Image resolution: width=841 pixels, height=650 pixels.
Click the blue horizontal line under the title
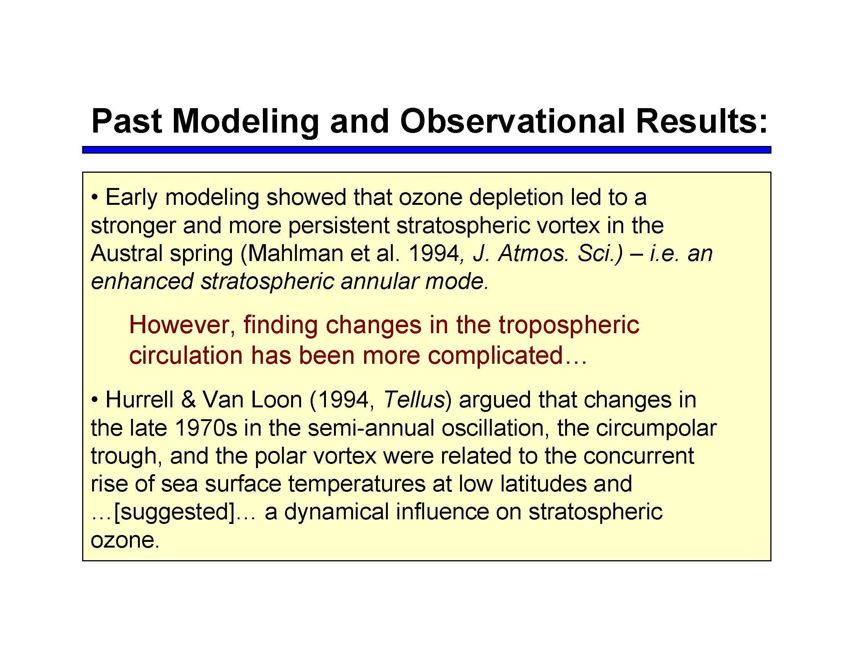(427, 150)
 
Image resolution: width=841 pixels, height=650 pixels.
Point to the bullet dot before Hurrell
(95, 400)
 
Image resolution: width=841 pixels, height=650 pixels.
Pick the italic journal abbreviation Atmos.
(533, 253)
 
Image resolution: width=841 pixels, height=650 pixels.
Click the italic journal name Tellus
(414, 400)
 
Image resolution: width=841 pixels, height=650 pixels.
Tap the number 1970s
(206, 428)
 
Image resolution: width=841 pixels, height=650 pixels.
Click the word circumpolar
(656, 429)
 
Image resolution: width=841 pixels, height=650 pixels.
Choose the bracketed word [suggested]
(175, 512)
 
